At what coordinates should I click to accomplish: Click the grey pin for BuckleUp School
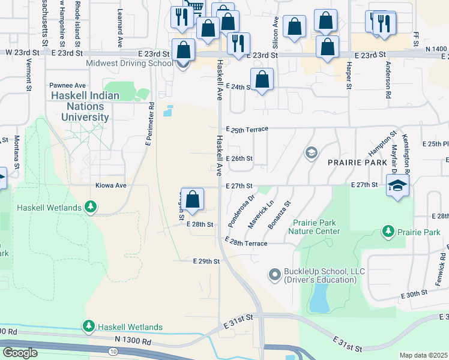coord(275,275)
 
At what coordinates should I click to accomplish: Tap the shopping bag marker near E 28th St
coord(193,199)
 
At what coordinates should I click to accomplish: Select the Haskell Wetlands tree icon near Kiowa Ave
coord(91,208)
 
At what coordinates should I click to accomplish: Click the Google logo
coord(20,353)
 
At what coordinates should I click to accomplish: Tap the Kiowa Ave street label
coord(110,186)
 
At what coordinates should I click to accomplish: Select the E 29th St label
coord(206,262)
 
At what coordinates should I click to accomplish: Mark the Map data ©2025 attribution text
coord(423,355)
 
